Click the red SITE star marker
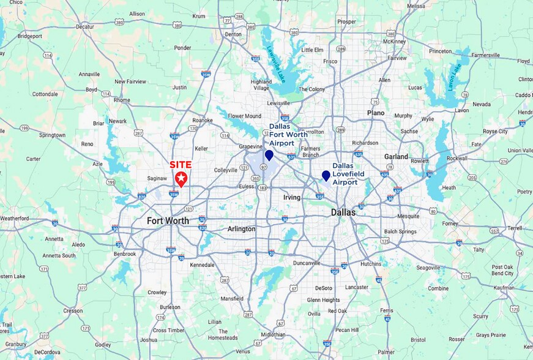point(181,178)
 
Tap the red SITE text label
point(181,165)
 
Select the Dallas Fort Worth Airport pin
point(269,156)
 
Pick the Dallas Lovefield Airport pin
point(326,176)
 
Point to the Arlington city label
point(241,228)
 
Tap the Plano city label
point(376,113)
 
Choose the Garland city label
point(396,156)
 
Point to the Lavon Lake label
point(453,78)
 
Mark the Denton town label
point(233,34)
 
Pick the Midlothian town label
point(272,335)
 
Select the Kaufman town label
point(502,287)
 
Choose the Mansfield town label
point(231,298)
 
